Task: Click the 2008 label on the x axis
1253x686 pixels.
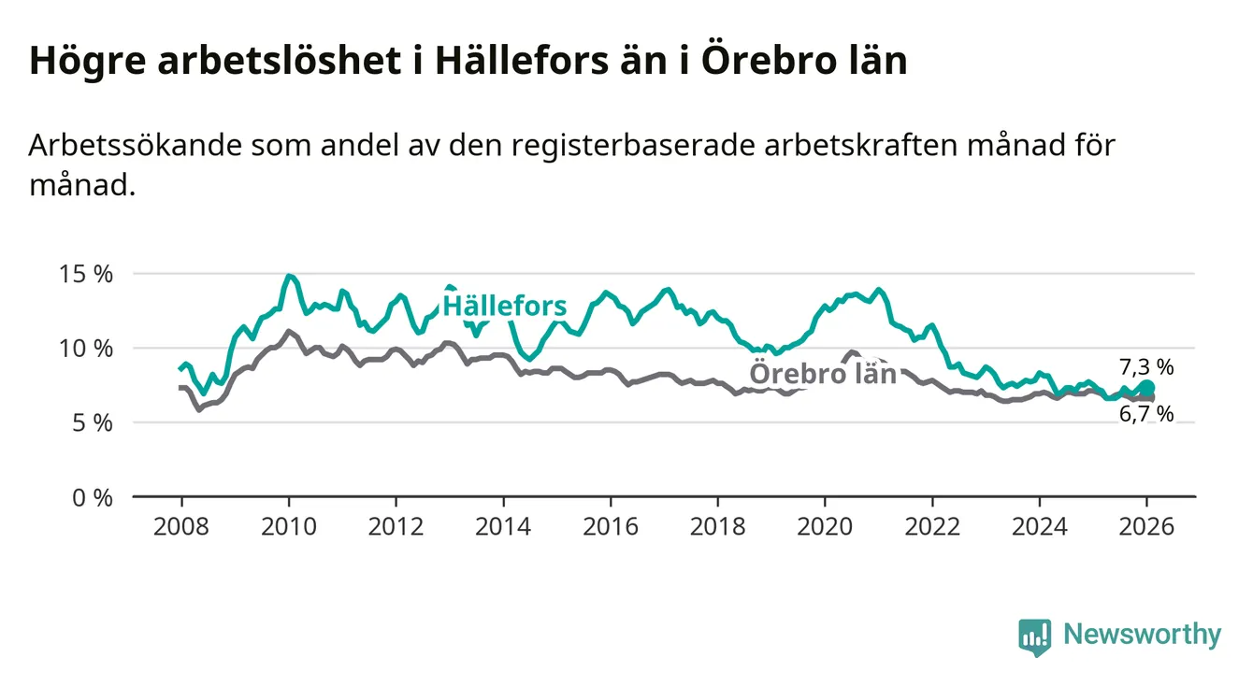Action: (x=181, y=526)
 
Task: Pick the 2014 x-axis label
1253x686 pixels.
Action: (x=503, y=526)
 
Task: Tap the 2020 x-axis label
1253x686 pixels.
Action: (x=825, y=526)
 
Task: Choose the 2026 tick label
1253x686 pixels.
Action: (x=1146, y=526)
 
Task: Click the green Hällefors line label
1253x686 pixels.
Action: (x=504, y=306)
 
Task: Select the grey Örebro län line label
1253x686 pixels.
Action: (x=823, y=374)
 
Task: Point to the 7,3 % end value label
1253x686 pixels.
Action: (x=1145, y=366)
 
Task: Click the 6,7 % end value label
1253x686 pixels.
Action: (x=1145, y=414)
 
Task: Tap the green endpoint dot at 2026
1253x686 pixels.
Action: (x=1147, y=387)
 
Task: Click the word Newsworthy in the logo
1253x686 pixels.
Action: (x=1142, y=635)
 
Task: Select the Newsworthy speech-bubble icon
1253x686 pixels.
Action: (x=1034, y=636)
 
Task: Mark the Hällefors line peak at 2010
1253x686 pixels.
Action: (x=289, y=277)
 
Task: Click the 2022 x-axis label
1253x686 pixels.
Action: (x=932, y=526)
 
